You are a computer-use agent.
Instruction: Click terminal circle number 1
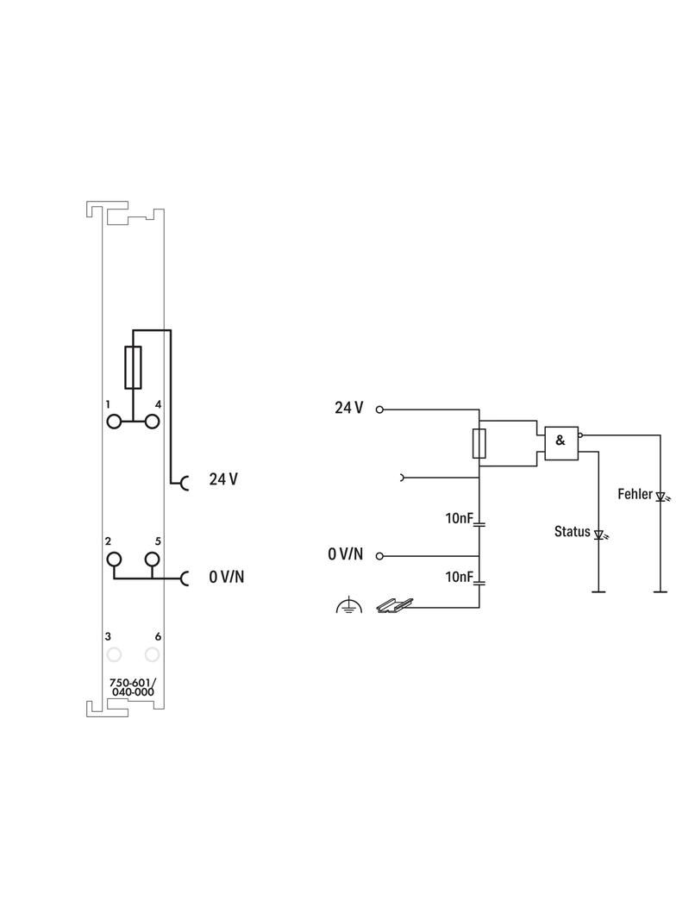pos(114,422)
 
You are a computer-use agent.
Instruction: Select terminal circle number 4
pos(152,422)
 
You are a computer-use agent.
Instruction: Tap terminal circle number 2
pos(114,559)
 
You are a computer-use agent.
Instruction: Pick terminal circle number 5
pos(152,559)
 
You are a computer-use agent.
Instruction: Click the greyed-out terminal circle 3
pos(114,654)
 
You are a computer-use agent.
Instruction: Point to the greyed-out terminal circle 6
pos(152,654)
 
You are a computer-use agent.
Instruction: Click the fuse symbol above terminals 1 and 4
pos(133,367)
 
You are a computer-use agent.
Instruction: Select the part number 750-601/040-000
pos(133,687)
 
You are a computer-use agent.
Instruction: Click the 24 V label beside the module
pos(223,478)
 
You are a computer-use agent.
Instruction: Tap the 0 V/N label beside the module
pos(226,577)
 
